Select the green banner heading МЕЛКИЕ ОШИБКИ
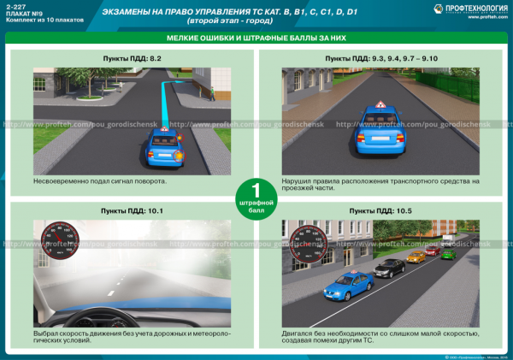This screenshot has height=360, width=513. pyautogui.click(x=256, y=40)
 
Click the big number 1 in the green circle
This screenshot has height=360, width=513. pyautogui.click(x=255, y=191)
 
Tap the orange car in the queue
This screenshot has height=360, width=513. pyautogui.click(x=416, y=256)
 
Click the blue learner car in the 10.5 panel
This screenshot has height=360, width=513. pyautogui.click(x=348, y=285)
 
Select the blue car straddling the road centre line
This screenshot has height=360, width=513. pyautogui.click(x=374, y=126)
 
